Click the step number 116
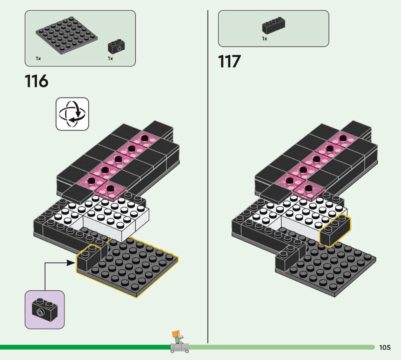tap(36, 81)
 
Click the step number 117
tap(229, 62)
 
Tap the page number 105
tap(385, 347)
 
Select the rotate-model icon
tap(73, 114)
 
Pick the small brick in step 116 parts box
tap(116, 46)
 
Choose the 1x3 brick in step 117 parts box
tap(273, 26)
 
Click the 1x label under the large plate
tap(38, 58)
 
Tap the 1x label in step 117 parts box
tap(264, 39)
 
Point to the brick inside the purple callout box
tap(45, 310)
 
